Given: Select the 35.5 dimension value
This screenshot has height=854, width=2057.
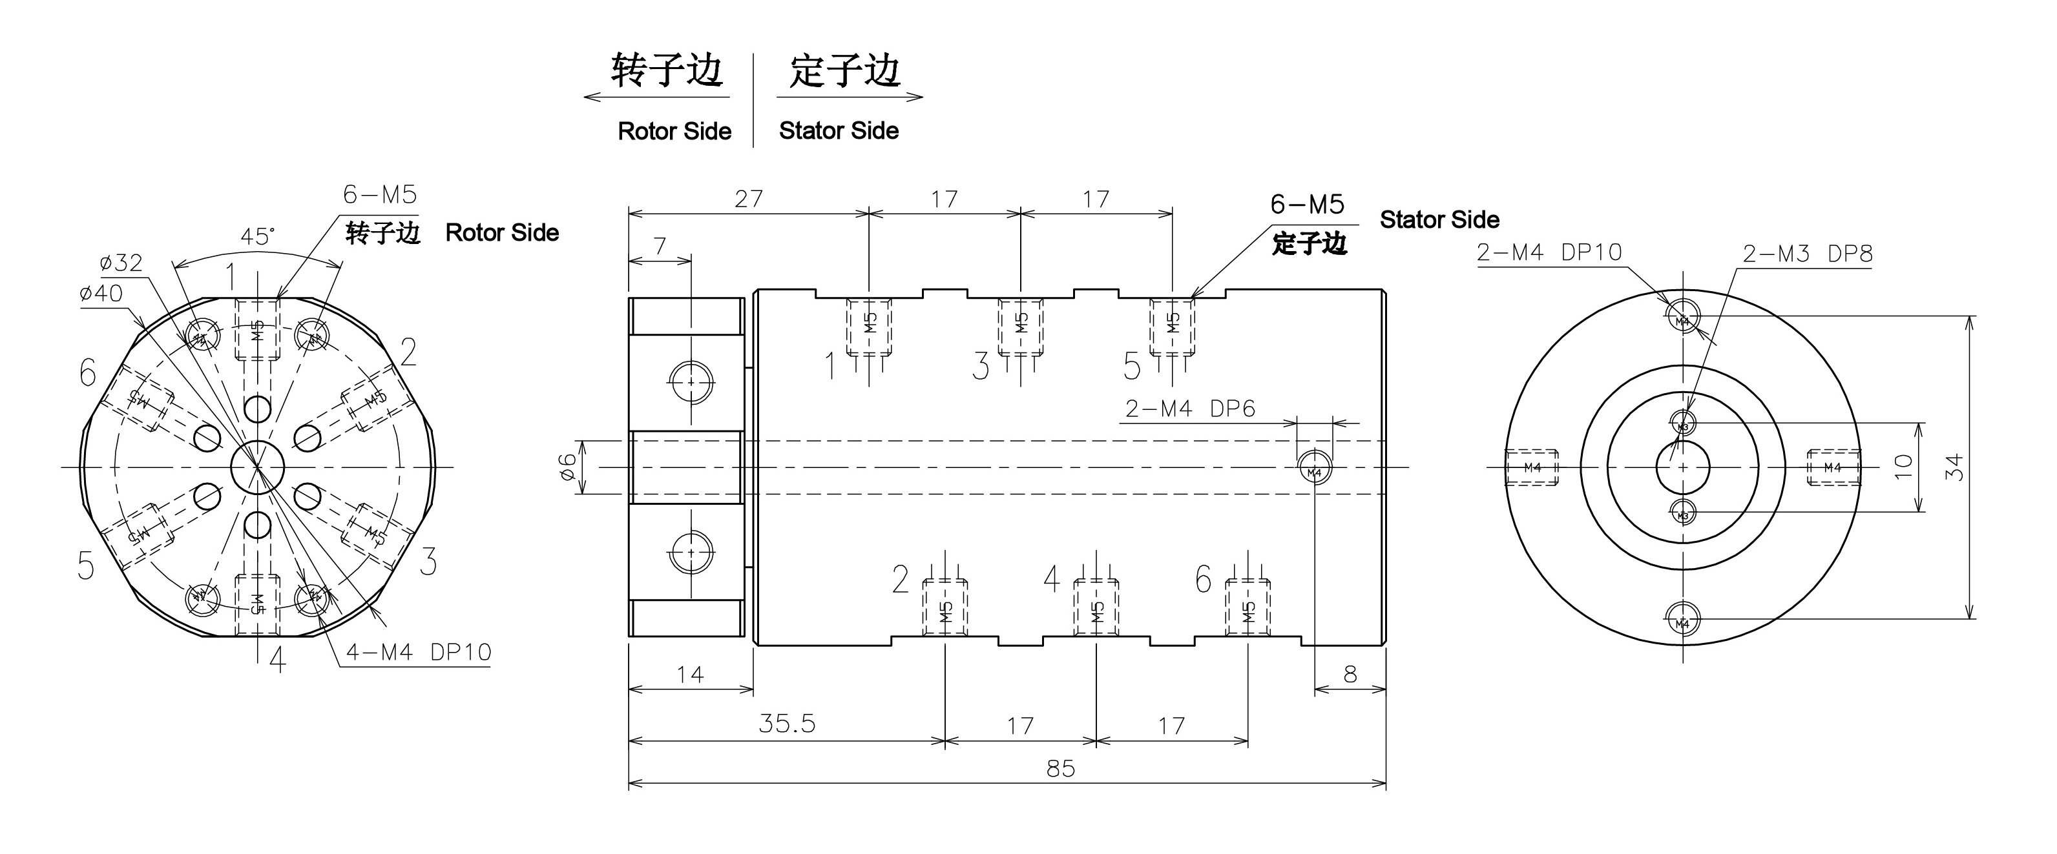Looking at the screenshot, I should [786, 723].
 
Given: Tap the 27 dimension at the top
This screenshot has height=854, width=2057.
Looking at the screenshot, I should [748, 199].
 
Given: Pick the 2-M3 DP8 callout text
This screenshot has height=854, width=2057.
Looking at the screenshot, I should [1807, 254].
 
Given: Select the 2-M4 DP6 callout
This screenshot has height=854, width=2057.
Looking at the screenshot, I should [1190, 409].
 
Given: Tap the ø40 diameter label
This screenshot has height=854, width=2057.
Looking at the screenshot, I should [101, 293].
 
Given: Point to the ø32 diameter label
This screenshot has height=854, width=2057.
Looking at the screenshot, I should [121, 262].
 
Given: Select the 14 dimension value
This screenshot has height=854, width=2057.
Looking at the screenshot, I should [690, 675].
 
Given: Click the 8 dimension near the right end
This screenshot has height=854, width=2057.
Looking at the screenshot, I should [1350, 675].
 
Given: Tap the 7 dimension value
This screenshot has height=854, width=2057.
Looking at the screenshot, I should [660, 246].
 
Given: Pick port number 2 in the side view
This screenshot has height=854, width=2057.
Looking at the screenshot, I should [900, 580].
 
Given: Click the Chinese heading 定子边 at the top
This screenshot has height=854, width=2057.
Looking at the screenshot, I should [845, 71].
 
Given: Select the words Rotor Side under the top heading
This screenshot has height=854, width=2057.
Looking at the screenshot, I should [674, 131].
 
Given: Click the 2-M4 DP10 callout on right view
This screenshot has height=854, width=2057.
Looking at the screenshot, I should [1549, 252].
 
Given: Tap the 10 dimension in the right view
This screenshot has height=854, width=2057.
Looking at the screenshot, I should [1904, 466].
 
